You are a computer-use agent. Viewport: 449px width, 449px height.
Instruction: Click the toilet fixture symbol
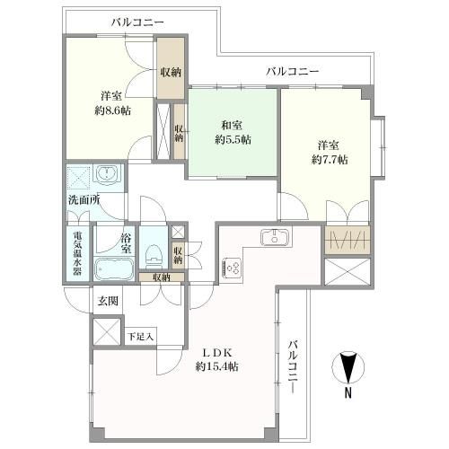pos(154,256)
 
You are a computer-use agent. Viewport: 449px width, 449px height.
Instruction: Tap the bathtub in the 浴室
pos(114,269)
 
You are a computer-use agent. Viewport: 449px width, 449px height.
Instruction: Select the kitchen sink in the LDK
pos(275,237)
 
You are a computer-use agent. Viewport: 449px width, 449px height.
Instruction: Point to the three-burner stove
pos(232,268)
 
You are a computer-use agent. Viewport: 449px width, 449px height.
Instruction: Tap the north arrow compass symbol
pos(348,367)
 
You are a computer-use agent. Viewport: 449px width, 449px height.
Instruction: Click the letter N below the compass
pos(348,392)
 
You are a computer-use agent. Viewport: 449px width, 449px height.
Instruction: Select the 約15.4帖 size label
pos(217,366)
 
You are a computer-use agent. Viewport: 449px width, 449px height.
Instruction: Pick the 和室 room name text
pos(232,125)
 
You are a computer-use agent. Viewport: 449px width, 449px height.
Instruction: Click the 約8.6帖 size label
pos(112,111)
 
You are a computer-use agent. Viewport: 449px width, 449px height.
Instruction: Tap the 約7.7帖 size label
pos(330,160)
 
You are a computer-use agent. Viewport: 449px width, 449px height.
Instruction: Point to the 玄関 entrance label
pos(108,301)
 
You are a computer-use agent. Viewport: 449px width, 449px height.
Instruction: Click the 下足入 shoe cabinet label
pos(140,337)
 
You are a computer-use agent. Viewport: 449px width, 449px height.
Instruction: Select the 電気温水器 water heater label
pos(77,254)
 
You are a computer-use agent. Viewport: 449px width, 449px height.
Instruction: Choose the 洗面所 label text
pos(84,200)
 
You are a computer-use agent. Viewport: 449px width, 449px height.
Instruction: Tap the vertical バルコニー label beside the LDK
pos(294,367)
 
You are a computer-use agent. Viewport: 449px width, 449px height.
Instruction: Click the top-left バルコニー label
pos(137,22)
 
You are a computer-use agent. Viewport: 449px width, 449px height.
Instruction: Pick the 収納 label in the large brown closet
pos(171,72)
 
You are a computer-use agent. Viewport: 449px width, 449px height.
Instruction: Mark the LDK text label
pos(217,353)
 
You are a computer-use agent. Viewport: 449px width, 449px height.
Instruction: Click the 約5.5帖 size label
pos(233,139)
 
